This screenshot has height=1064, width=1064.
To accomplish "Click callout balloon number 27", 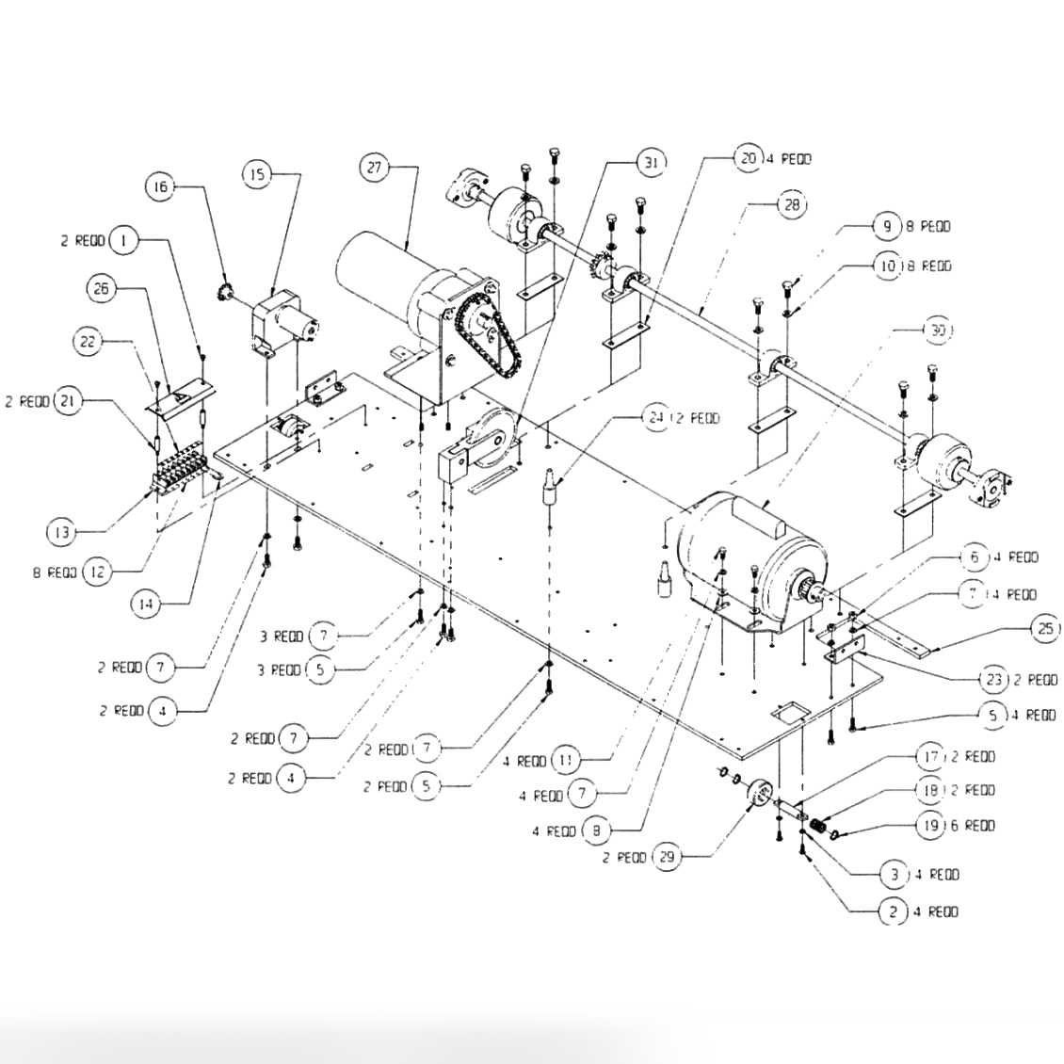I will click(375, 168).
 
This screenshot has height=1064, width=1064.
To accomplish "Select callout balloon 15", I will click(258, 173).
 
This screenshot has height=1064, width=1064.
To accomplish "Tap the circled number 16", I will click(160, 187).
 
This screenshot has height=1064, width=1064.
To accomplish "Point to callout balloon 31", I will click(650, 162).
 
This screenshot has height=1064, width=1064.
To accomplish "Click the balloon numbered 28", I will click(791, 204).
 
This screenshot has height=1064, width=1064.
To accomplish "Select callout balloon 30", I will click(938, 330).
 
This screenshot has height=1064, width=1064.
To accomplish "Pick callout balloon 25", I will click(1046, 629).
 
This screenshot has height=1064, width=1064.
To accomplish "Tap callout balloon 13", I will click(62, 532).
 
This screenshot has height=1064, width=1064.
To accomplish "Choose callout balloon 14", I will click(145, 605).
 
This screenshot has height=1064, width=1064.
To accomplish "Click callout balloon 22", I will click(88, 342).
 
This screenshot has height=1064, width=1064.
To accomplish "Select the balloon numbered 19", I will click(929, 825).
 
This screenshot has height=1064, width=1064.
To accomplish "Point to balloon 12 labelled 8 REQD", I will click(98, 571).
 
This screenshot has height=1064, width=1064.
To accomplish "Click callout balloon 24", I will click(656, 417).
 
